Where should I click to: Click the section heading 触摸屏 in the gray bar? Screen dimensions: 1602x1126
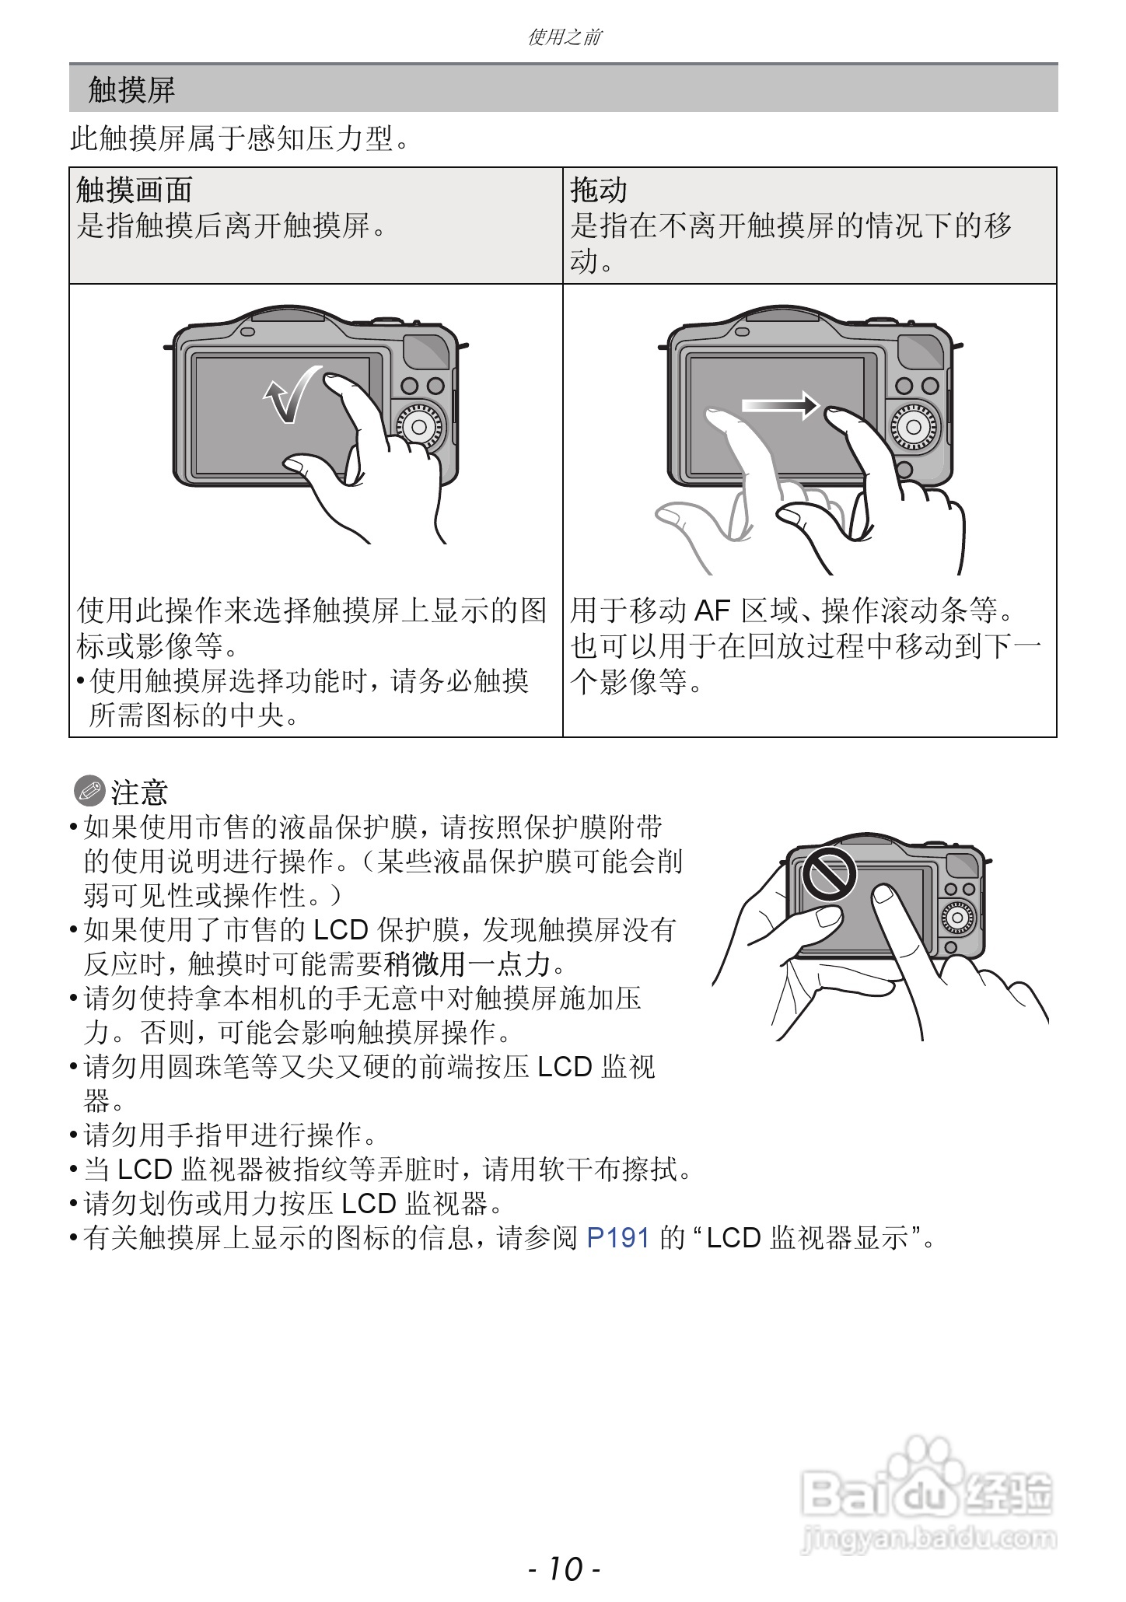click(x=131, y=90)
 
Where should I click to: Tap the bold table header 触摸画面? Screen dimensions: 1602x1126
click(x=135, y=190)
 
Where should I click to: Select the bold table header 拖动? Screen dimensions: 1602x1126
click(x=598, y=190)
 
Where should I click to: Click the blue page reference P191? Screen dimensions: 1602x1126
click(x=617, y=1237)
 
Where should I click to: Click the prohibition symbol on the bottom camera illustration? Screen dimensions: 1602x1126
click(x=829, y=873)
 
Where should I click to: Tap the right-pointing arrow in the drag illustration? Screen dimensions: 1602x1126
click(x=780, y=405)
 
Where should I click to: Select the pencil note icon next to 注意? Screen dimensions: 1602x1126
click(x=89, y=792)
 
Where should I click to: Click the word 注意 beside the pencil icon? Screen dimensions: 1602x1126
click(x=139, y=792)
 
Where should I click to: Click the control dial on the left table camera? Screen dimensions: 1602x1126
click(x=419, y=426)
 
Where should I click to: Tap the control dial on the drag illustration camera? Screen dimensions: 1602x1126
click(x=915, y=426)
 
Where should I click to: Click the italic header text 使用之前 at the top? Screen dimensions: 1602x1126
click(x=564, y=37)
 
